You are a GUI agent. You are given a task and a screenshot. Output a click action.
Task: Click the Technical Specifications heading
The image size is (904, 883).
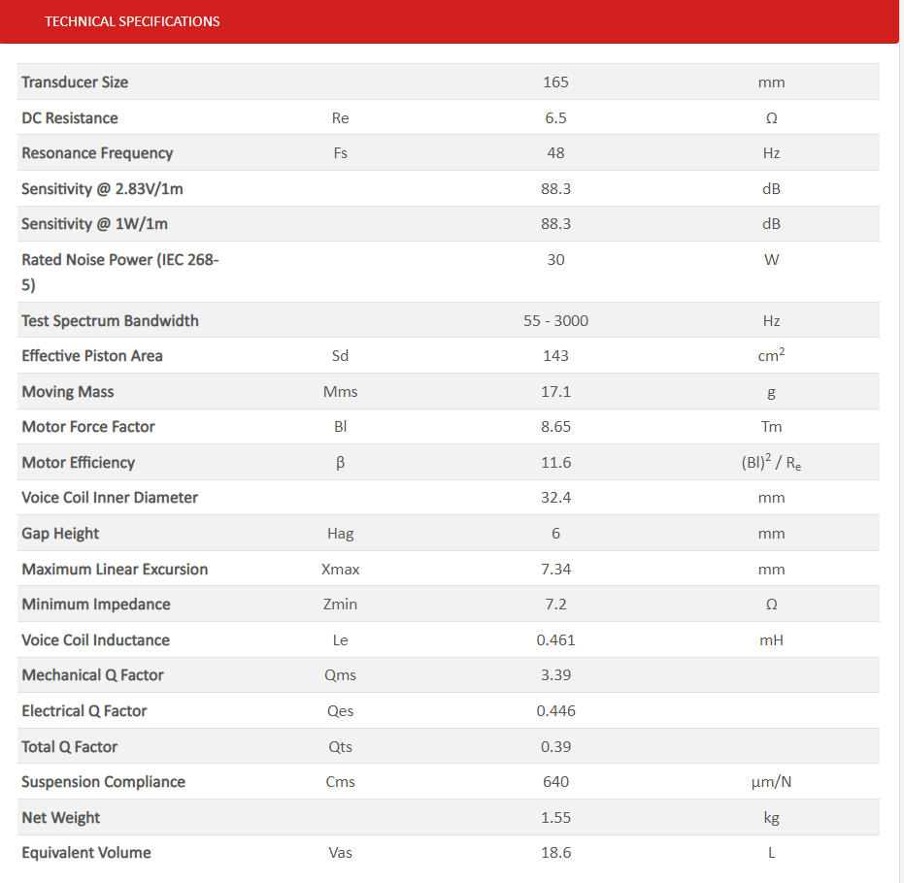click(132, 21)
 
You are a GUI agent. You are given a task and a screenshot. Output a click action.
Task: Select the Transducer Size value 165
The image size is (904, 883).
click(555, 82)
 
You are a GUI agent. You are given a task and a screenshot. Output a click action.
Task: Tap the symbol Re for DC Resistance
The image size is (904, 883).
click(340, 118)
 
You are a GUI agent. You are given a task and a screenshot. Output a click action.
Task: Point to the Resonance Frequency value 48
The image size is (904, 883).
click(555, 153)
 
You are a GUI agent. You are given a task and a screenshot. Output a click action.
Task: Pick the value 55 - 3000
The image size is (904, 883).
click(555, 321)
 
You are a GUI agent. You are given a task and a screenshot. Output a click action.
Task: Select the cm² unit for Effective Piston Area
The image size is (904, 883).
click(771, 356)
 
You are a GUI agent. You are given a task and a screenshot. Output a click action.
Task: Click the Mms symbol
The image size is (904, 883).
click(340, 392)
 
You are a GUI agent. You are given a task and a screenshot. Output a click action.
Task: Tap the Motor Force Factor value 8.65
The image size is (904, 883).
click(555, 427)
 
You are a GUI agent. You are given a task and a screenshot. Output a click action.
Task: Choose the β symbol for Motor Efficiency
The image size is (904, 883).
click(340, 463)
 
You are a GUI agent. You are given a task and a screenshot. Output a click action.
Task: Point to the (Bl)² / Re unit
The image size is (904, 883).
click(771, 463)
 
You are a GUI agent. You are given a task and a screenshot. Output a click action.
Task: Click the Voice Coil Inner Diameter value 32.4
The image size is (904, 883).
click(555, 498)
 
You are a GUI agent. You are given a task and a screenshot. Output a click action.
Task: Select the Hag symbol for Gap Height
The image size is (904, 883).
click(340, 534)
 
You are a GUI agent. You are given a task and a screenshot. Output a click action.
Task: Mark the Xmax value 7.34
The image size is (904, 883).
click(555, 570)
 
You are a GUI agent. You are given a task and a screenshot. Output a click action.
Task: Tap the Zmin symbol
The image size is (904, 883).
click(340, 605)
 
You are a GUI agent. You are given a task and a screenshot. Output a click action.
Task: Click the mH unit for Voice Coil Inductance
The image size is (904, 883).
click(771, 640)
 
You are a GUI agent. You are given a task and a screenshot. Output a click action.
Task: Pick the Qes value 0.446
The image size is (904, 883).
click(555, 711)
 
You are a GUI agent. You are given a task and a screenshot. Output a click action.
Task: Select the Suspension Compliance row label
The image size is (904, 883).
click(103, 782)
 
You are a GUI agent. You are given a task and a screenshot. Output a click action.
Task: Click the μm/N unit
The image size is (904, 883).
click(771, 782)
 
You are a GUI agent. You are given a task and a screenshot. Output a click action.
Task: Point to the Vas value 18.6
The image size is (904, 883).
click(555, 853)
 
